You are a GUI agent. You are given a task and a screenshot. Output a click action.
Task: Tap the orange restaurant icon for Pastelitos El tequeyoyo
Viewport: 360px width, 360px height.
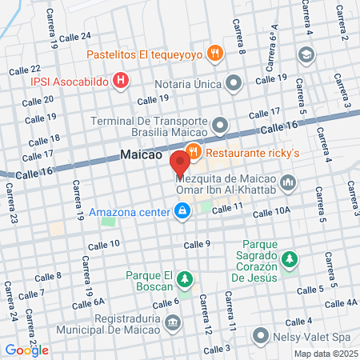click(x=214, y=54)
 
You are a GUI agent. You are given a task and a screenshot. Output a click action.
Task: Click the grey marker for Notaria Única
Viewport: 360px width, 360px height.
click(x=234, y=82)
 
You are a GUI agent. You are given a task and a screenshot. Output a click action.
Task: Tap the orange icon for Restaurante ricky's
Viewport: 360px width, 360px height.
click(x=193, y=151)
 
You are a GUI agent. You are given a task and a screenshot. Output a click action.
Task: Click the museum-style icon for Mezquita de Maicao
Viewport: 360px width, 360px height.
click(x=288, y=185)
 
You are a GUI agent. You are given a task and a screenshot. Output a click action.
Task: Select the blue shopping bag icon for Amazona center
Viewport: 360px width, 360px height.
click(x=182, y=212)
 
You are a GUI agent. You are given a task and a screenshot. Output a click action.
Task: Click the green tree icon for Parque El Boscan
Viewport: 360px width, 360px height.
click(x=185, y=278)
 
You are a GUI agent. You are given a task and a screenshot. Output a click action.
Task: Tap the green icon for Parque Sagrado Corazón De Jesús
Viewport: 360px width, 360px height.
click(x=290, y=259)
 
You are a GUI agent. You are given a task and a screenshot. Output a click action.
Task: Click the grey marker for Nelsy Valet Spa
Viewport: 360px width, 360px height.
click(x=260, y=336)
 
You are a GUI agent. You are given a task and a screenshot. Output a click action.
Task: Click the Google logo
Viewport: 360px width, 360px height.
click(x=26, y=350)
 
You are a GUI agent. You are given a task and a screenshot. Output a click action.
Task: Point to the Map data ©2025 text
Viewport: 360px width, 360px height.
click(x=324, y=354)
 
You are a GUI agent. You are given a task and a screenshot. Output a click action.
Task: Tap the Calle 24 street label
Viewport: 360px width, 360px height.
click(x=74, y=36)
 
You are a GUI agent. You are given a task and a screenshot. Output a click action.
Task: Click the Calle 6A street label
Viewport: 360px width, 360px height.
click(x=89, y=302)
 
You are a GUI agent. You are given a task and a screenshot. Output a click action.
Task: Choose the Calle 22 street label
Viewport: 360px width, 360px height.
click(x=24, y=70)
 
